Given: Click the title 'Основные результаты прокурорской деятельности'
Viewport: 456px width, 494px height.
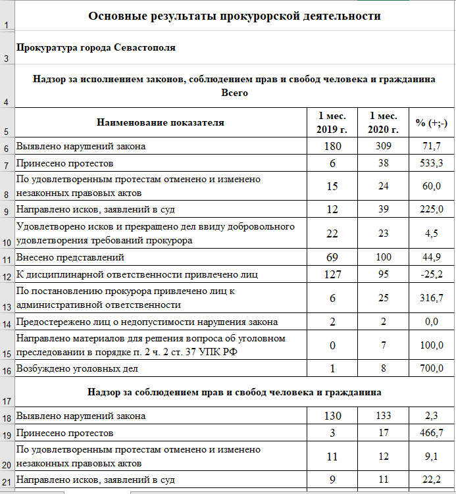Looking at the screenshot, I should coord(234,16).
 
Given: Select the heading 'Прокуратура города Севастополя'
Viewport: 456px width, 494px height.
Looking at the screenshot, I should coord(95,48).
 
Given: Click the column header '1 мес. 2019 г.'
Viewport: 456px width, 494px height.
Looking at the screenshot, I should coord(332,122).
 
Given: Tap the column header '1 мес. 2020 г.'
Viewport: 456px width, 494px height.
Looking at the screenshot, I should coord(383,122).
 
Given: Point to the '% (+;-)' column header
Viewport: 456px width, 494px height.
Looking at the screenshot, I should coord(431,122).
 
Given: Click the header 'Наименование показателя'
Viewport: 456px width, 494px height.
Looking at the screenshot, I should coord(161,122).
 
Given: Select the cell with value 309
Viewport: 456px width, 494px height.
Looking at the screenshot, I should coord(383,146).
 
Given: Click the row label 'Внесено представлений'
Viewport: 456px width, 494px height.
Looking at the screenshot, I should coord(70,257).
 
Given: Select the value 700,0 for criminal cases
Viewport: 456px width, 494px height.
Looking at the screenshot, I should coord(431,369).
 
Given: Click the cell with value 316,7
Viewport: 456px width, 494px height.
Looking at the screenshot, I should coord(431,299).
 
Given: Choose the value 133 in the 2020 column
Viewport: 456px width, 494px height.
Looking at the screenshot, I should coord(383,416).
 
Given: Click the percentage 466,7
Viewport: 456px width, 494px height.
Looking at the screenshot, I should coord(431,433).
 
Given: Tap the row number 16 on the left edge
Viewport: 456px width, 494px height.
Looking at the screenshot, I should coord(6,370).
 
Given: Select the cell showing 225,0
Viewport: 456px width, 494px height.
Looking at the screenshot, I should coord(431,210).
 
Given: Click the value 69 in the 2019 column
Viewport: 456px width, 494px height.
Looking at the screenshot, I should coord(332,257).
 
